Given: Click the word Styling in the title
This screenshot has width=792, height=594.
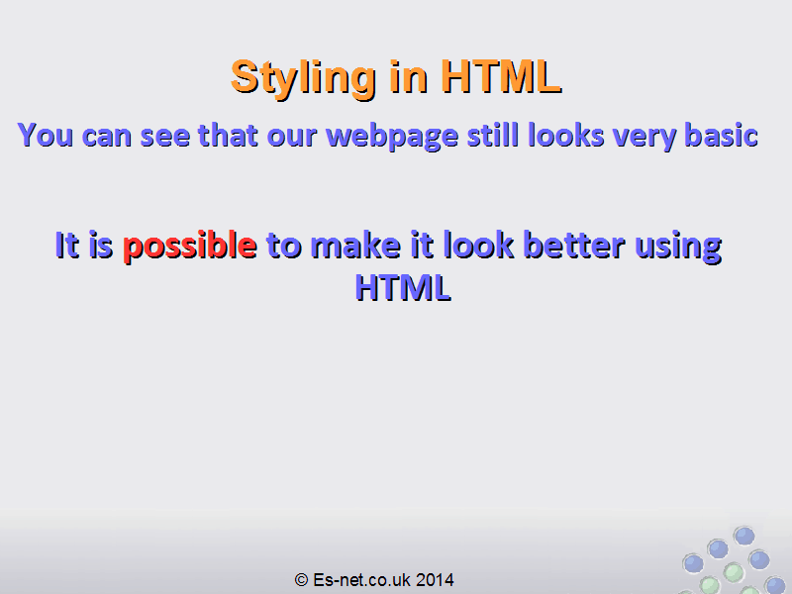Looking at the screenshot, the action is (x=303, y=78).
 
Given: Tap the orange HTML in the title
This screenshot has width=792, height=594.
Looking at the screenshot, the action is (x=501, y=77).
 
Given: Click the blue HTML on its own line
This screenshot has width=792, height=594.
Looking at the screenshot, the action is (x=403, y=288).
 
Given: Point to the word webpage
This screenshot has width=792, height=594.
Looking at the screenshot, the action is (x=392, y=137).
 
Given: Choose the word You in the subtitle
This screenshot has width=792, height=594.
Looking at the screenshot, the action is (x=46, y=135).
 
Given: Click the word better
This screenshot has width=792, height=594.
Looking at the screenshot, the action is (x=574, y=246).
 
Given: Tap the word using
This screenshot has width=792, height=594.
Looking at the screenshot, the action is (x=678, y=247).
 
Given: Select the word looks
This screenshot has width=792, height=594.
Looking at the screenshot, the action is (x=565, y=135).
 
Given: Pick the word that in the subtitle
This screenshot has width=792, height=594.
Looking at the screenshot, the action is (x=228, y=135).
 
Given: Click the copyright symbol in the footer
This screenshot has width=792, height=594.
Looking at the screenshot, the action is (x=301, y=580).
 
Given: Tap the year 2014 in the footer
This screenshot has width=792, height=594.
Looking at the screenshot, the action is (x=435, y=580).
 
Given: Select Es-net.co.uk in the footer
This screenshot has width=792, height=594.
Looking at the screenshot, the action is (x=361, y=580).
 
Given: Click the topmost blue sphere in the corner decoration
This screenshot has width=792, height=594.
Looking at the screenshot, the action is (x=744, y=536).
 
